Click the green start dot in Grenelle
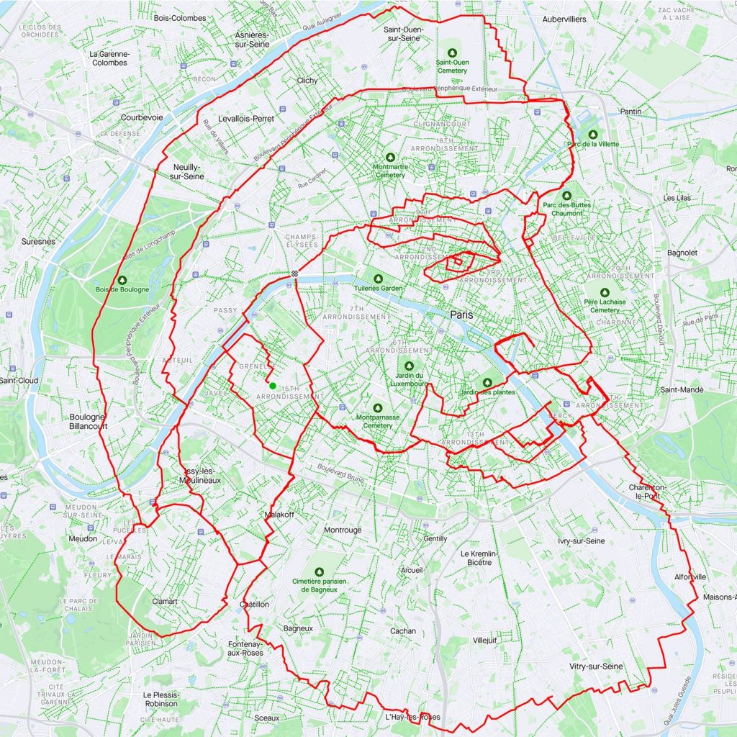pyautogui.click(x=273, y=386)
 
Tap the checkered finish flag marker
pyautogui.click(x=294, y=273)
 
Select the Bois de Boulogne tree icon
pyautogui.click(x=122, y=280)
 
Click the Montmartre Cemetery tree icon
pyautogui.click(x=390, y=156)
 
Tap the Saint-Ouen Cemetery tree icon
pyautogui.click(x=452, y=53)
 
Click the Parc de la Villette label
pyautogui.click(x=592, y=144)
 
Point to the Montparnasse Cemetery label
pyautogui.click(x=374, y=421)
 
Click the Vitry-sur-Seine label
pyautogui.click(x=595, y=666)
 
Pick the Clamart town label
pyautogui.click(x=165, y=601)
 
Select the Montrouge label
pyautogui.click(x=343, y=530)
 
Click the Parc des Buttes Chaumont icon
pyautogui.click(x=567, y=195)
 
